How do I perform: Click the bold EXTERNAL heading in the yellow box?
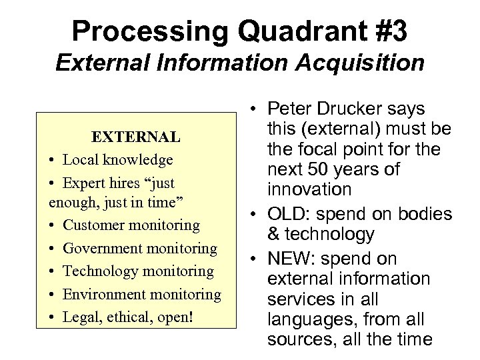coord(135,137)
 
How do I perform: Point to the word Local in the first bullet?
coord(79,160)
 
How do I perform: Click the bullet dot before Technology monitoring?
coord(52,271)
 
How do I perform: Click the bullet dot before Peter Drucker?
coord(257,109)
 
